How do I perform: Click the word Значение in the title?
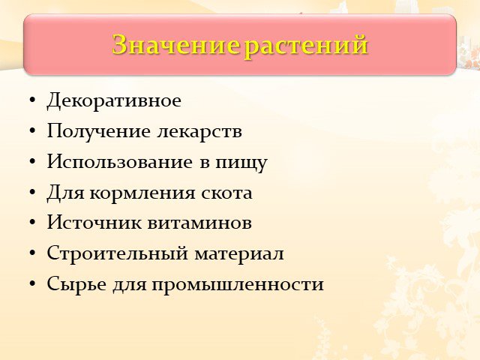click(x=175, y=45)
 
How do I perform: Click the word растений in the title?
click(x=306, y=46)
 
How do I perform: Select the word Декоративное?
click(x=114, y=100)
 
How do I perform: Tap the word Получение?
click(x=98, y=132)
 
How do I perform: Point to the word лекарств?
click(x=199, y=131)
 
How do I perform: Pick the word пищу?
click(x=241, y=163)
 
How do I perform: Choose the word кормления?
click(x=142, y=194)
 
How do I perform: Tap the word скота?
click(x=226, y=193)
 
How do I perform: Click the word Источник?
click(x=94, y=222)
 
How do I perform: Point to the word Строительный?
click(x=117, y=253)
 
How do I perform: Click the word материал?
click(x=239, y=253)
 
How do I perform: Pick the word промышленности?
click(x=238, y=285)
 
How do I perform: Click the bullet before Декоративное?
click(x=32, y=100)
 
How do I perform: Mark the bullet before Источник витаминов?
click(x=32, y=223)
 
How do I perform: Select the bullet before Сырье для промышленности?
click(x=32, y=283)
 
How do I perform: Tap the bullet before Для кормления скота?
click(x=32, y=193)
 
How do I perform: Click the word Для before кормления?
click(x=65, y=193)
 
